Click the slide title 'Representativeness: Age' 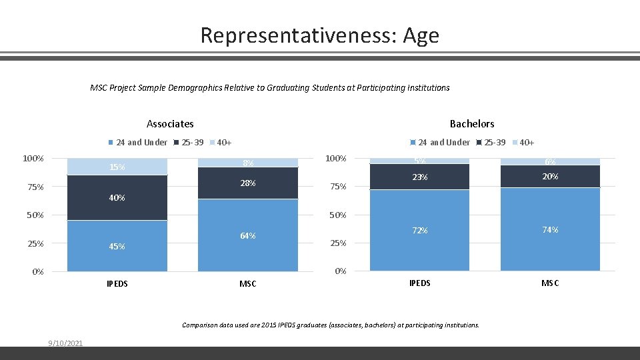click(x=319, y=35)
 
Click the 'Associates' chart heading click(x=170, y=123)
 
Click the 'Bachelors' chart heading click(x=472, y=123)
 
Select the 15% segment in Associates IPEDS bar click(x=117, y=167)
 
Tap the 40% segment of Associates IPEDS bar click(x=117, y=197)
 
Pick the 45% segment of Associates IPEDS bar click(x=117, y=246)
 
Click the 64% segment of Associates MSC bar click(x=248, y=235)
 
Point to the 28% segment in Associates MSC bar click(x=248, y=183)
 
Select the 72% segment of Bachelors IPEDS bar click(x=419, y=230)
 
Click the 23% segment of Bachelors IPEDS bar click(x=419, y=177)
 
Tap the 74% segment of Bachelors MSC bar click(x=550, y=229)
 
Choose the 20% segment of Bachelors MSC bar click(x=550, y=177)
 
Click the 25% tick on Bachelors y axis click(x=339, y=243)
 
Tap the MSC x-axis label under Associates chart click(x=248, y=284)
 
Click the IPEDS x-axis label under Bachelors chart click(x=419, y=283)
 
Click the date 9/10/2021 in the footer click(x=65, y=343)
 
